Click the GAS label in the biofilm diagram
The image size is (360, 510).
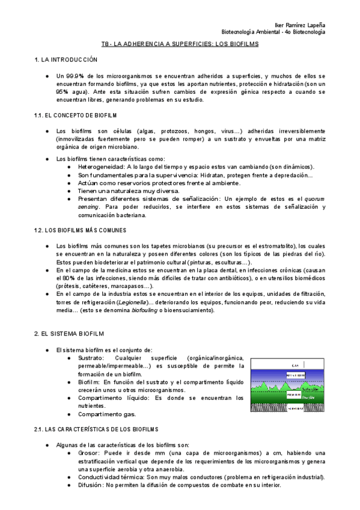click(294, 365)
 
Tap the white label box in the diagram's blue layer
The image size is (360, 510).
click(294, 374)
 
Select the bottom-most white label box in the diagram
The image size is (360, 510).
click(294, 408)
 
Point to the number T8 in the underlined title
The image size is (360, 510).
click(105, 45)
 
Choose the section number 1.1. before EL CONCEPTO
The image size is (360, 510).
click(40, 114)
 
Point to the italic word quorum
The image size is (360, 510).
click(309, 198)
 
